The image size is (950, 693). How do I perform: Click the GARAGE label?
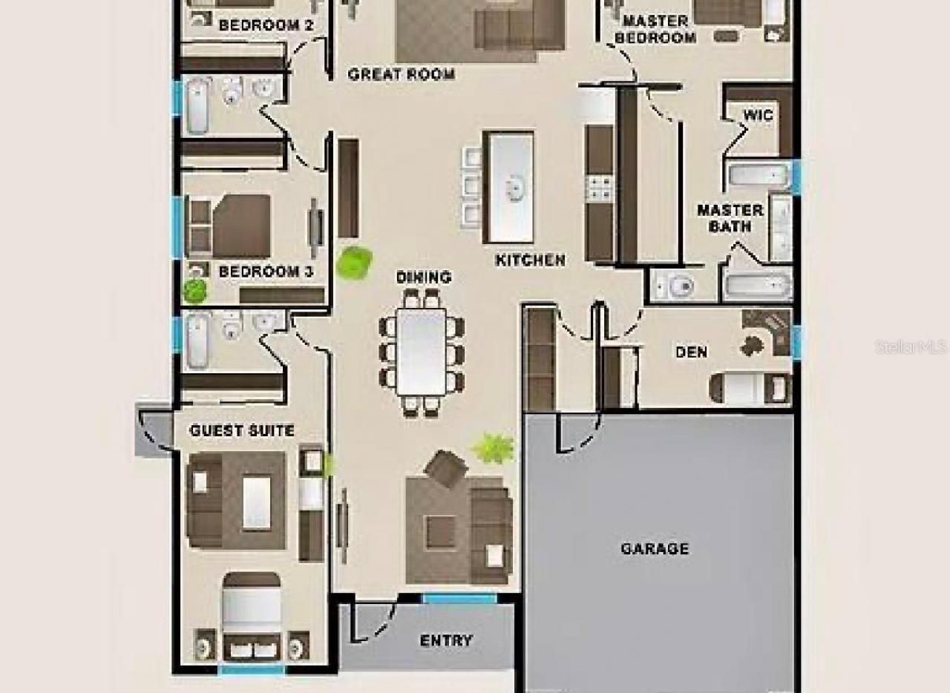654,549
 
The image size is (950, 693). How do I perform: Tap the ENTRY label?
446,640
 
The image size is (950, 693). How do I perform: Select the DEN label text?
691,352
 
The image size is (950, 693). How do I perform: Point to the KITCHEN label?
530,260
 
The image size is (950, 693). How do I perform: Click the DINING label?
423,277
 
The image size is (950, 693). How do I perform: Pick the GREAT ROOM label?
401,74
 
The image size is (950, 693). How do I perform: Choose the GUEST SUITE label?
241,430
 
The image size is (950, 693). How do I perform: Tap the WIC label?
758,115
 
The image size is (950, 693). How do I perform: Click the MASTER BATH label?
730,218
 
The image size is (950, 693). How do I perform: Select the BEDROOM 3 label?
266,272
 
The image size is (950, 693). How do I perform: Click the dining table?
421,352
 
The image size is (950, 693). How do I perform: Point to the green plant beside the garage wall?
493,448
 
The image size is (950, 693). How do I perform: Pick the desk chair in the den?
752,346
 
